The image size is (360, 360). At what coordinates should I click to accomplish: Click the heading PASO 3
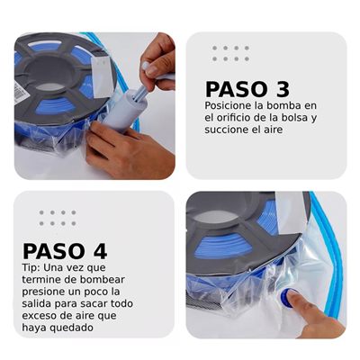coord(247,89)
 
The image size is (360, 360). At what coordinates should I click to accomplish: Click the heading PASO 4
coord(65,251)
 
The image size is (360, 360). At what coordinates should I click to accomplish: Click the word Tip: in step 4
coord(31,267)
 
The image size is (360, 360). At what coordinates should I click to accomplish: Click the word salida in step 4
coord(36,303)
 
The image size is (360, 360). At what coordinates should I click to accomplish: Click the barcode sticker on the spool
coord(22,92)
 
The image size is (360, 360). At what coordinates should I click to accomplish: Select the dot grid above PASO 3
coord(230,53)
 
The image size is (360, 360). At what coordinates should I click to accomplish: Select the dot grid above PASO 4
coord(58,218)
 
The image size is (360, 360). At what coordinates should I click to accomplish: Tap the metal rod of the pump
coord(140,91)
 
